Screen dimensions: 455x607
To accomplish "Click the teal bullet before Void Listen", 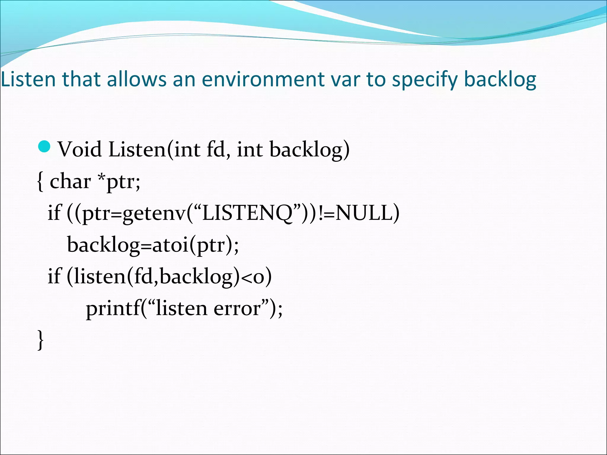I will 45,147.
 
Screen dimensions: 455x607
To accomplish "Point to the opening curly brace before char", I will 40,181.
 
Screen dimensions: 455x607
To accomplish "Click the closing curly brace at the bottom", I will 41,340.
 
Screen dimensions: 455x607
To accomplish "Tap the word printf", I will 113,308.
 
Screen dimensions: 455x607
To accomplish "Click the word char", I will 70,181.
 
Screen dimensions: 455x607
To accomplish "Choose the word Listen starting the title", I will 28,79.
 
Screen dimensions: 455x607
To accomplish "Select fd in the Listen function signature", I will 216,149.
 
